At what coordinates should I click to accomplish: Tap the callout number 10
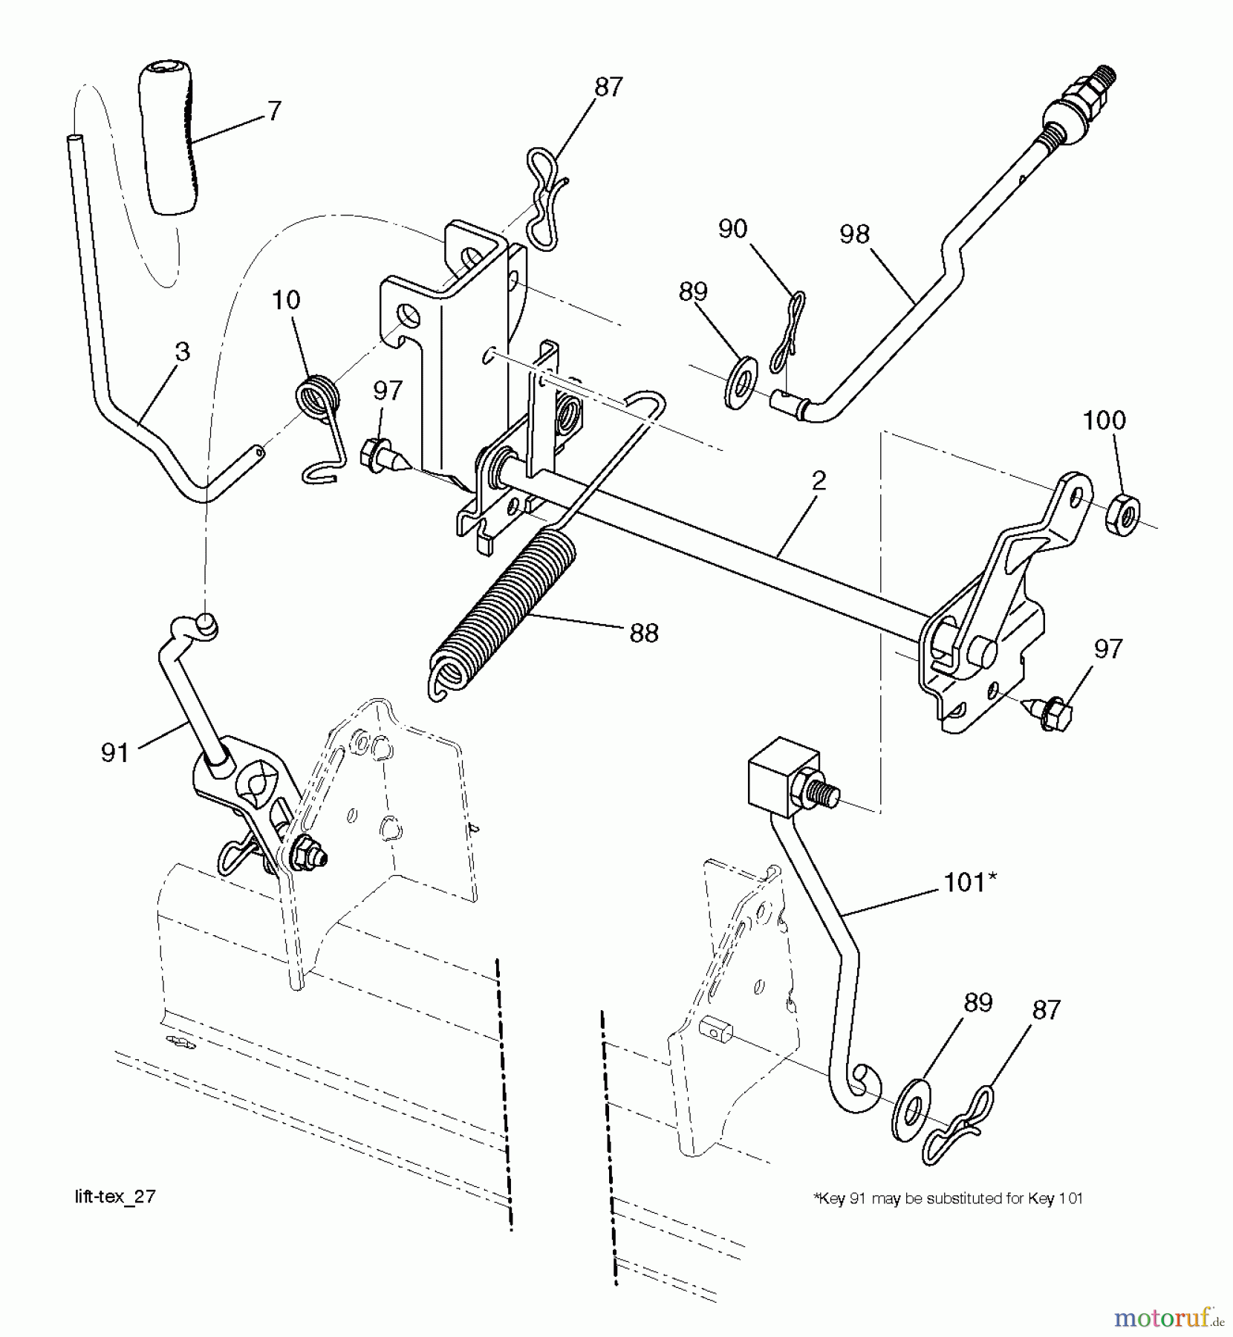pyautogui.click(x=286, y=301)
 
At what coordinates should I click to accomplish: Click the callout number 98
pyautogui.click(x=854, y=235)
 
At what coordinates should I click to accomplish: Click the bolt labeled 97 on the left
pyautogui.click(x=380, y=455)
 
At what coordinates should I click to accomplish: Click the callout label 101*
pyautogui.click(x=969, y=882)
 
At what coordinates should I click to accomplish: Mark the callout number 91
pyautogui.click(x=115, y=753)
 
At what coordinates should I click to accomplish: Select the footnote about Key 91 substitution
pyautogui.click(x=948, y=1197)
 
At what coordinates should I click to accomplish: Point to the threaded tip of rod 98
pyautogui.click(x=1107, y=77)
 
